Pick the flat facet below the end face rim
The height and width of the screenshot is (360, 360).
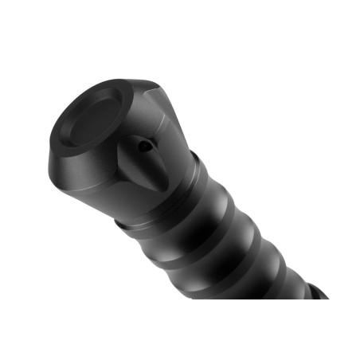coord(76,171)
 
